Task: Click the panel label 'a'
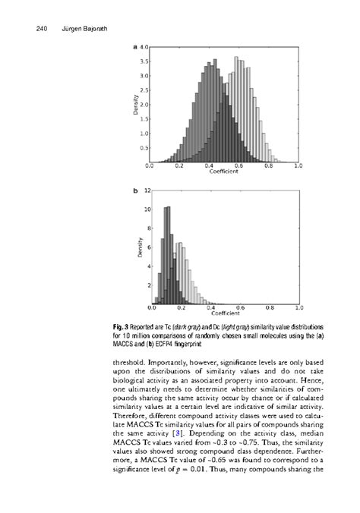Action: tap(135, 47)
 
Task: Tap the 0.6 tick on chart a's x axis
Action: tap(239, 165)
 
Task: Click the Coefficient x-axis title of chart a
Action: tap(225, 171)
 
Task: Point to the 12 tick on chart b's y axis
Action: tap(146, 190)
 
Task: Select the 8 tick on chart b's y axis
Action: tap(147, 228)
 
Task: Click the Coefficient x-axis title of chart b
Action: tap(225, 313)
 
